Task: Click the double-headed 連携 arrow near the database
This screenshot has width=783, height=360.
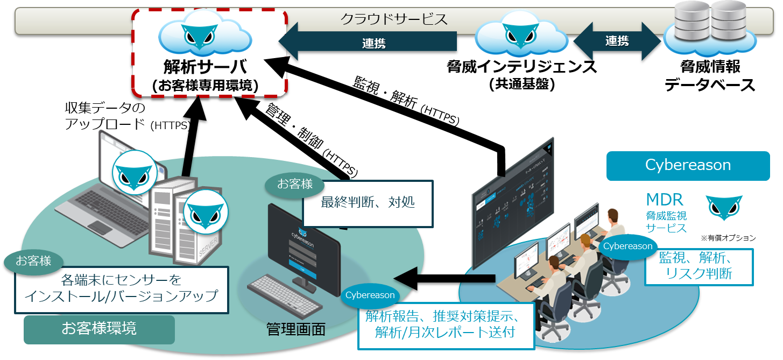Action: pyautogui.click(x=617, y=41)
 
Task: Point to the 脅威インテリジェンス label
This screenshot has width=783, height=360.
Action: pyautogui.click(x=521, y=67)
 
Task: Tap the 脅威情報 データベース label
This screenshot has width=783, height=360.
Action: pyautogui.click(x=710, y=76)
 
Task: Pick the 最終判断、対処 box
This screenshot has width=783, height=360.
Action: pyautogui.click(x=368, y=203)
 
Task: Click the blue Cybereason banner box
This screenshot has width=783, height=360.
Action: pyautogui.click(x=688, y=165)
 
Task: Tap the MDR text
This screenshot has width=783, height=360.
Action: pyautogui.click(x=664, y=200)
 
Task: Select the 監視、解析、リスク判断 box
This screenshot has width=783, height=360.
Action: pyautogui.click(x=699, y=266)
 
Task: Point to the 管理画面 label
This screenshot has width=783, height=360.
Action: pyautogui.click(x=296, y=329)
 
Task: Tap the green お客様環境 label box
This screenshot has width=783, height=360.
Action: pyautogui.click(x=99, y=329)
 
